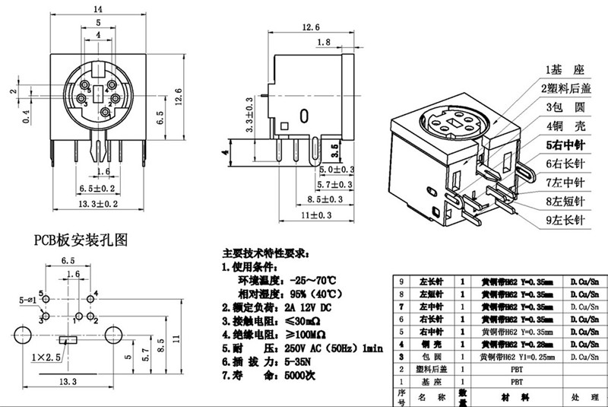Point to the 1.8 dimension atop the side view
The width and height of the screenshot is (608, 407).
(x=322, y=43)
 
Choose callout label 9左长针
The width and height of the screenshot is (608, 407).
(x=563, y=221)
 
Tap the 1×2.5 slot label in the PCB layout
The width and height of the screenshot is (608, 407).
(x=46, y=357)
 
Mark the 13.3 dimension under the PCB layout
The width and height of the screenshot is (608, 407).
(x=69, y=383)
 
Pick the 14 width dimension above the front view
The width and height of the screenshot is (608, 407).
(x=97, y=9)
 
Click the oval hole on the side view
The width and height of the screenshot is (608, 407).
(x=304, y=116)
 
